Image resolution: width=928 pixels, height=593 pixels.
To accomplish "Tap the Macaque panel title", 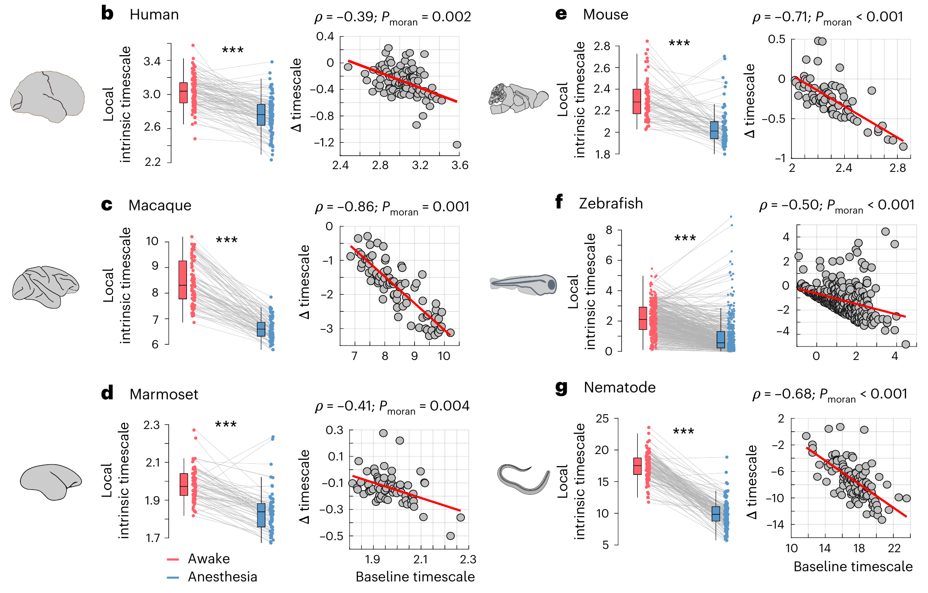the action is coord(160,205).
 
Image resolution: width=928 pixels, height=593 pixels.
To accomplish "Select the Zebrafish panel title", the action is coord(611,203).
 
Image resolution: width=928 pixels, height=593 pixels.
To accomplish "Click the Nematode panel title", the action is coord(620,387).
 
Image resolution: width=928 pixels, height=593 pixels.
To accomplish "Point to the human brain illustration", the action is coord(47,96).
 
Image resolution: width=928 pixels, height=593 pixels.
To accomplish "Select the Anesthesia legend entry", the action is coord(212,577).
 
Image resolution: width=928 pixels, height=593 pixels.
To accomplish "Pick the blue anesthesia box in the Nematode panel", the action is coord(716,514).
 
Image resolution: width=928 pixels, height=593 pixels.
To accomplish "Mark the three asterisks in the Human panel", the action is coord(232,50).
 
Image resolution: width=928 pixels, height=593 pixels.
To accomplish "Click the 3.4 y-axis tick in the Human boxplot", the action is coord(152,61).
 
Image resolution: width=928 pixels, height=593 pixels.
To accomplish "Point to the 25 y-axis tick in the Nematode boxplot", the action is coord(602,419).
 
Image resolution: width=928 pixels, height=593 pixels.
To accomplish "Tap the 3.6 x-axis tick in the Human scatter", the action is coord(460,165).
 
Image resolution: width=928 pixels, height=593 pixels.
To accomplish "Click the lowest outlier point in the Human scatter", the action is coord(457,145).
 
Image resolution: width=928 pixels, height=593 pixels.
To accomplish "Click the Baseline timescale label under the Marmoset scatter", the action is coord(415,577).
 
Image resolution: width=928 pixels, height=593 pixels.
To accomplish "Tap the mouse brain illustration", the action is coord(519,98).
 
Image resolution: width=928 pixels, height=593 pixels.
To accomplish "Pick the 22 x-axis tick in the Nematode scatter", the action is coord(894,549).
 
